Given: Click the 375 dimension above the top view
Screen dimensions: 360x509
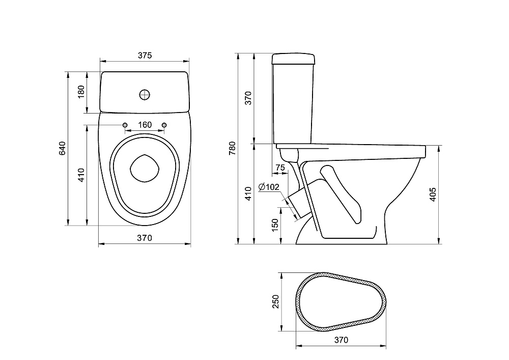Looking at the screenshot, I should tap(145, 56).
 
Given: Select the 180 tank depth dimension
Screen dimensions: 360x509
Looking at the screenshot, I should tap(80, 92).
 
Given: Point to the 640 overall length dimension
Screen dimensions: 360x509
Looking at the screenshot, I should tap(62, 148).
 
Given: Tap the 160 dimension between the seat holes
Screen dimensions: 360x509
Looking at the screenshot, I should tap(145, 125).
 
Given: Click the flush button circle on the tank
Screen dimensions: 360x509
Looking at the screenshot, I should tap(145, 94).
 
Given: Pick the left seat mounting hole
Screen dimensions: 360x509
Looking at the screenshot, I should tap(125, 125).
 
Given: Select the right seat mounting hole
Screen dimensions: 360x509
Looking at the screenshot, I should tap(164, 125).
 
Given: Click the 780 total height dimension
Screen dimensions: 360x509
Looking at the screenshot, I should tap(233, 148).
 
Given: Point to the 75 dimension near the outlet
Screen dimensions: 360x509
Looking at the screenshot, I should tap(280, 168).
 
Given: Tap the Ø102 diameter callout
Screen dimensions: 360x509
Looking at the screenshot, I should tap(269, 187).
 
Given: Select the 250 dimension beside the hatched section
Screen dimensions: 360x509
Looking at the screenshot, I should tap(275, 302).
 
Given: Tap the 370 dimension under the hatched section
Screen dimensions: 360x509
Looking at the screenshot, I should tap(341, 340).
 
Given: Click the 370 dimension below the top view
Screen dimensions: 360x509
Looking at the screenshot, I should tap(145, 238).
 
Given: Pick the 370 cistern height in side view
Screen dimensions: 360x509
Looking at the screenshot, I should tap(248, 97).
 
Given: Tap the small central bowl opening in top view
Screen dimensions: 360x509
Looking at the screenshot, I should tap(145, 168).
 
